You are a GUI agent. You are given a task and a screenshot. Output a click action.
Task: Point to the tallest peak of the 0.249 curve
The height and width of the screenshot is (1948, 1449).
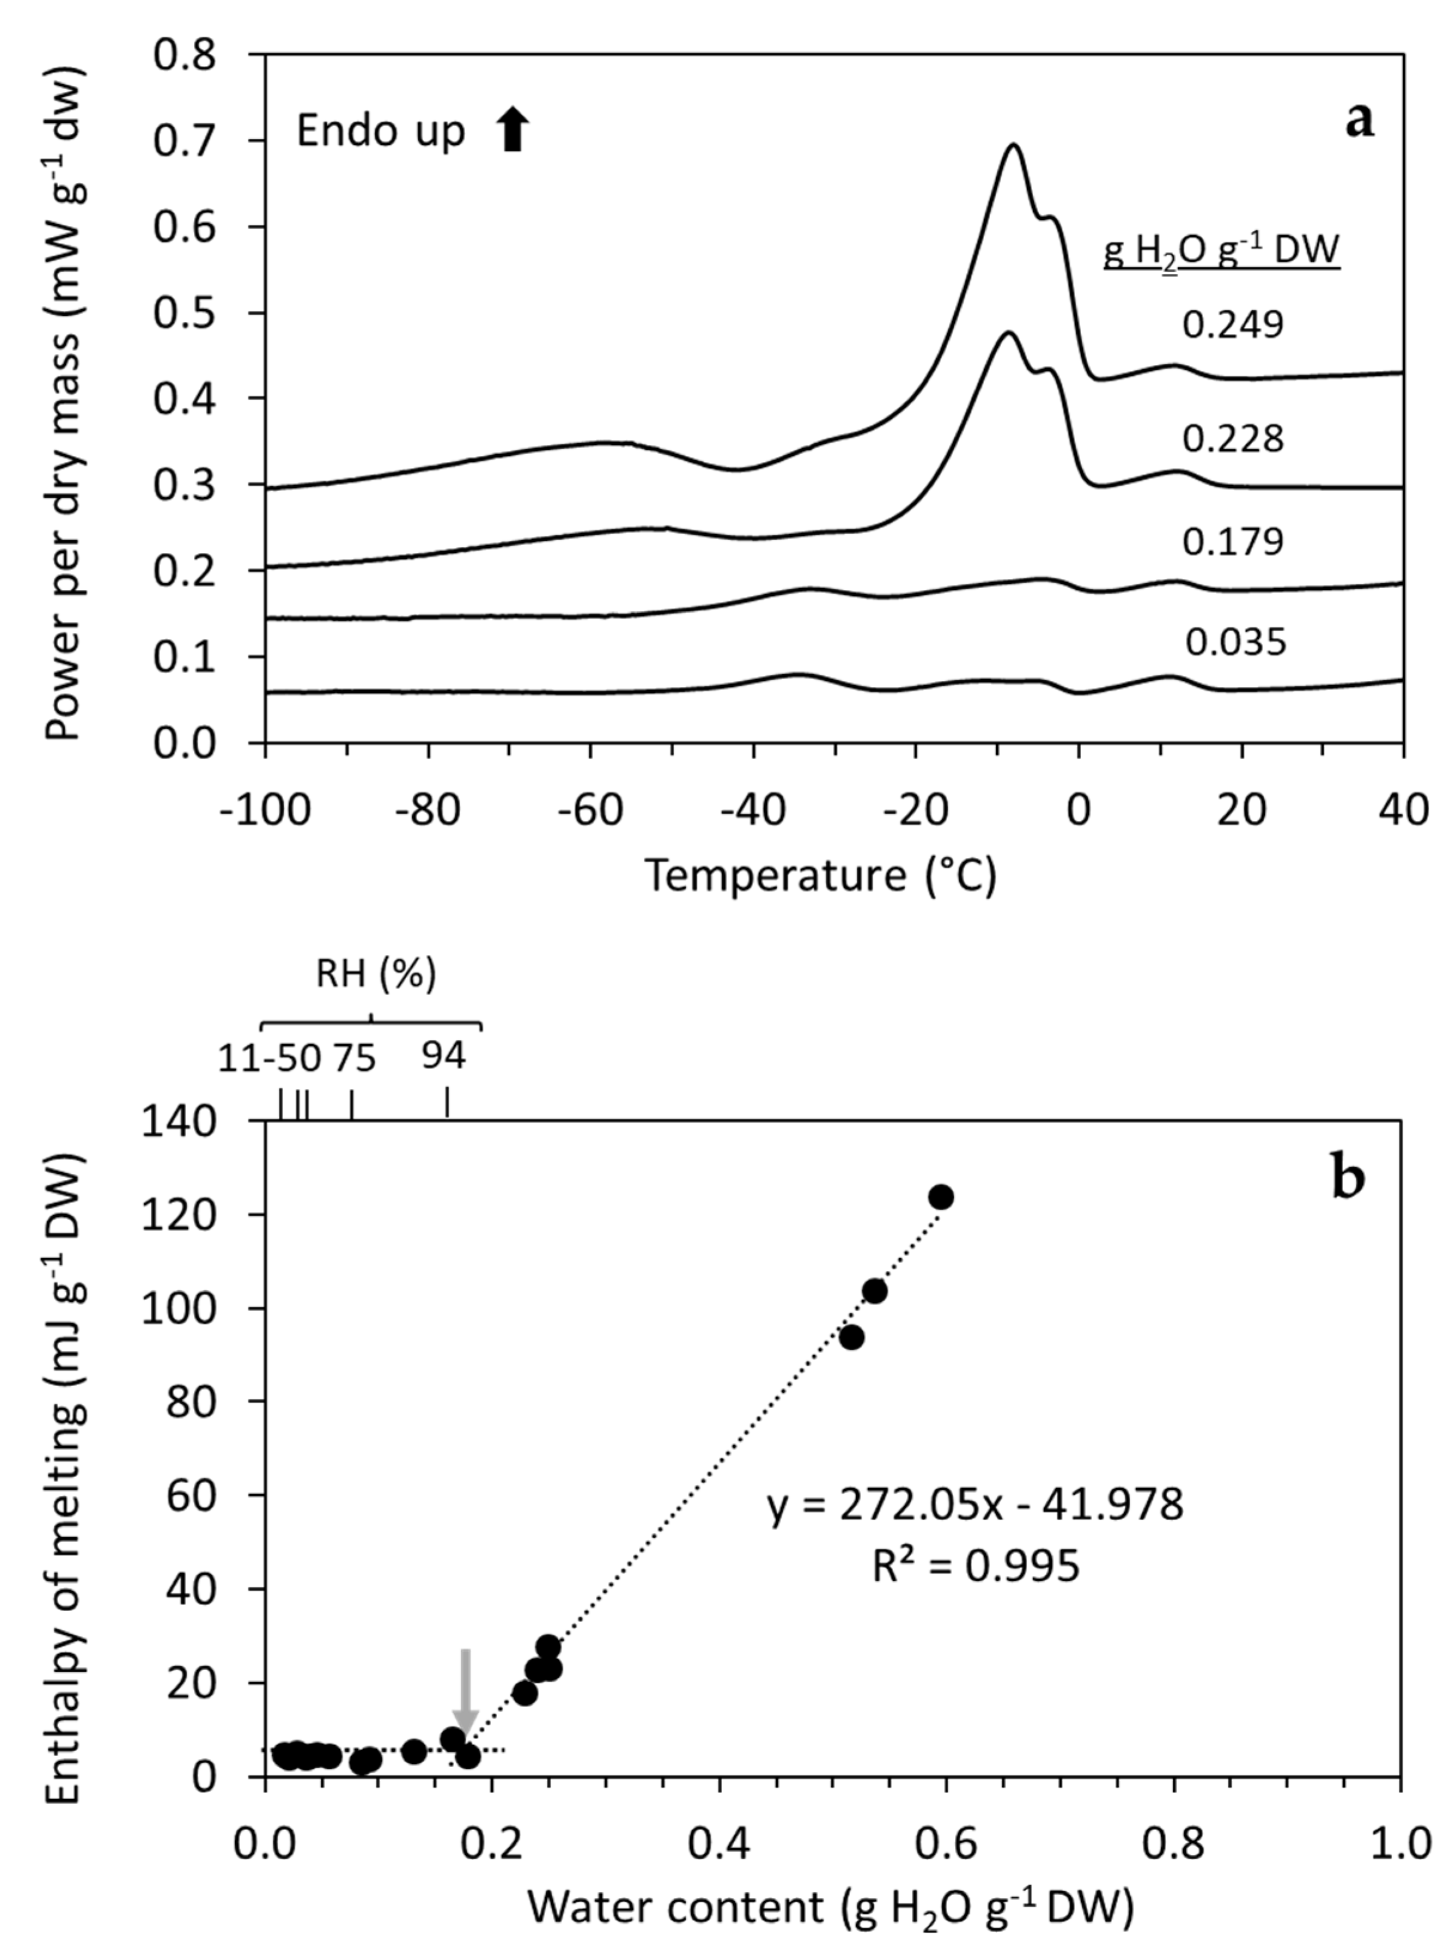click(1014, 145)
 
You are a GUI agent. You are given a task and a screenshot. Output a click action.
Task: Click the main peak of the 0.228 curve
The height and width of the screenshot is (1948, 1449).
click(1009, 333)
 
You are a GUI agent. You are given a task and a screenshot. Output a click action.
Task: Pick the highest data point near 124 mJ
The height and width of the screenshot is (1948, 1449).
click(941, 1197)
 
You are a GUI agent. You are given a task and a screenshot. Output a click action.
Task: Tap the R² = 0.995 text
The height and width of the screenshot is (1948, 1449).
click(975, 1566)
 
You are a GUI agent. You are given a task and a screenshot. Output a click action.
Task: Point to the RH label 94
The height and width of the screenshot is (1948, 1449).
click(444, 1057)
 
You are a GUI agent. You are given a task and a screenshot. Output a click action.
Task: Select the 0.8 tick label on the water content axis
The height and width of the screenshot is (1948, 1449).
click(1174, 1844)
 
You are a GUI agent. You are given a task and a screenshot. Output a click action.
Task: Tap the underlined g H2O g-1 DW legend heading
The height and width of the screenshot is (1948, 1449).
click(1221, 252)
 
